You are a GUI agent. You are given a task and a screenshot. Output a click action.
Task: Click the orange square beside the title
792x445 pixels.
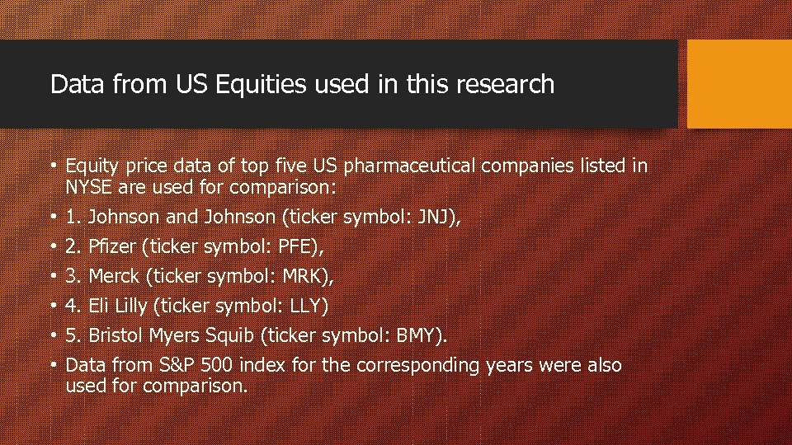pos(738,84)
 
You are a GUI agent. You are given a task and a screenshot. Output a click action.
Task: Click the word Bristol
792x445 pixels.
pos(115,336)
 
